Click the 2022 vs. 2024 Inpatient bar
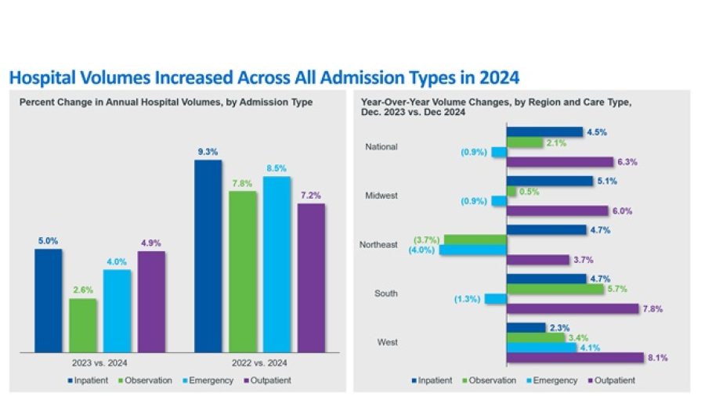[x=208, y=256]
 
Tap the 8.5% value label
[x=277, y=167]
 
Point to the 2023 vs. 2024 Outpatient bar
[x=151, y=301]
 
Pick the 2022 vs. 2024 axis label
[x=259, y=363]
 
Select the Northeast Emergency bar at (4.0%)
[x=474, y=250]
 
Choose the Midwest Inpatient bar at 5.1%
[x=550, y=181]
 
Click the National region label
[x=381, y=146]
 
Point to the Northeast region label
[x=380, y=245]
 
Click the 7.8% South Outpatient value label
[x=653, y=308]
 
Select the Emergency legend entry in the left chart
[x=210, y=381]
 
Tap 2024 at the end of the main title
[x=499, y=78]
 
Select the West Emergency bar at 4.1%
[x=542, y=347]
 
